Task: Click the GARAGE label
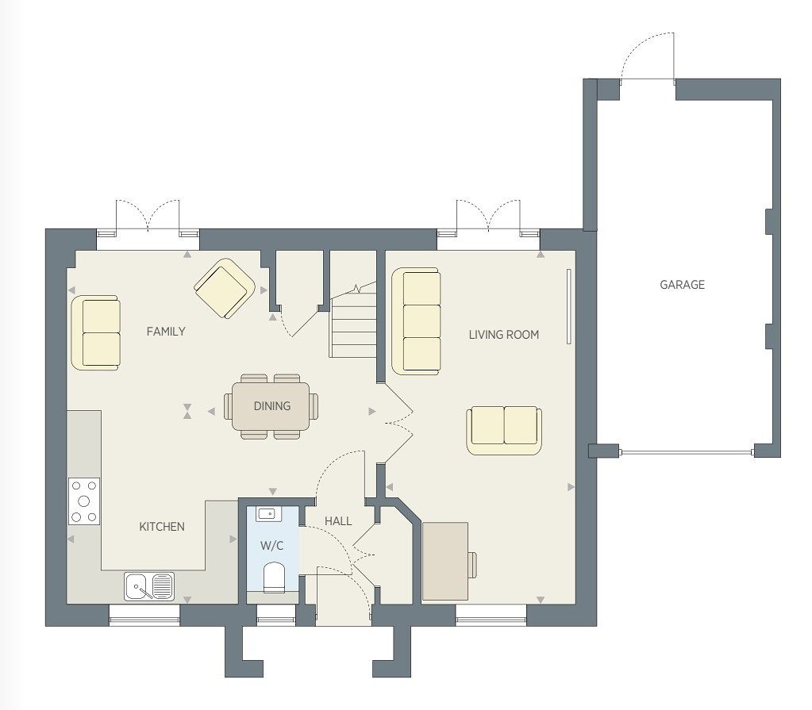tap(682, 285)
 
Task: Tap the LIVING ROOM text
tap(504, 335)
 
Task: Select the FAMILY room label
tap(166, 331)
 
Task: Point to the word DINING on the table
tap(272, 406)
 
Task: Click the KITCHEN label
tap(162, 527)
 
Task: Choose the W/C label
tap(272, 546)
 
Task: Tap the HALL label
tap(338, 521)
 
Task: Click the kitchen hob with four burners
tap(84, 501)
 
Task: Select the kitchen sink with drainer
tap(149, 586)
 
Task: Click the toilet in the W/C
tap(274, 578)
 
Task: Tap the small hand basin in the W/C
tap(268, 514)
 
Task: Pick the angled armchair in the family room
tap(225, 288)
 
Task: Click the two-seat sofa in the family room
tap(96, 332)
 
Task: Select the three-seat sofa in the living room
tap(417, 320)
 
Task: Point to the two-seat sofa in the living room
tap(504, 431)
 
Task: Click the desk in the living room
tap(445, 562)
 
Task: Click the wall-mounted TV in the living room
tap(568, 306)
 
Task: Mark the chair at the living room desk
tap(472, 565)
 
